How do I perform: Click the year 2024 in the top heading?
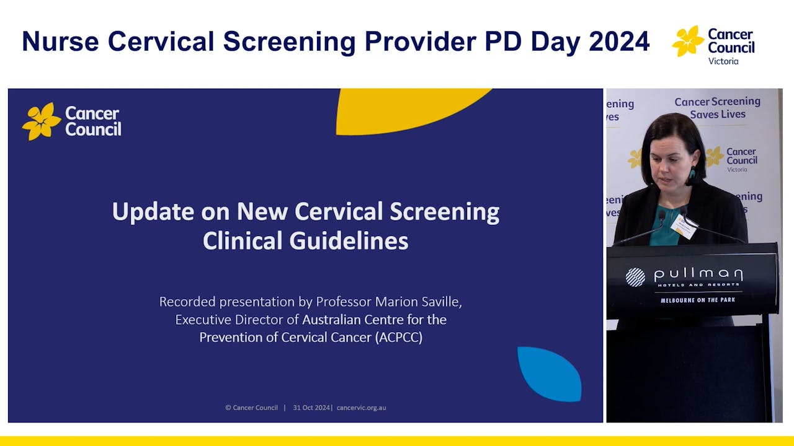click(x=619, y=42)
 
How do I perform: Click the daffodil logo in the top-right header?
click(x=688, y=41)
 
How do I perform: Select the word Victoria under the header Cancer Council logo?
click(x=723, y=61)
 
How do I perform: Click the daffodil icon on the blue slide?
click(x=42, y=121)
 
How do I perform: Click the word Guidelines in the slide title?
click(x=305, y=241)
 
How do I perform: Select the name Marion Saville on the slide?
click(x=419, y=302)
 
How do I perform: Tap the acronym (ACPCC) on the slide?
click(x=398, y=338)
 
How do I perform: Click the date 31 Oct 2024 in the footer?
click(x=312, y=408)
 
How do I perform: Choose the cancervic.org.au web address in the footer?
click(x=361, y=408)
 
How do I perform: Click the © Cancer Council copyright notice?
click(x=251, y=408)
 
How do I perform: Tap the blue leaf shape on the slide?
click(x=549, y=374)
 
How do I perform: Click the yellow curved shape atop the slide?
click(x=409, y=108)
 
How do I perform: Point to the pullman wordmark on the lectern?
click(x=698, y=274)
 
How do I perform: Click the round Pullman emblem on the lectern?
click(x=635, y=277)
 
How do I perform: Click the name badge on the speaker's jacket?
click(x=684, y=227)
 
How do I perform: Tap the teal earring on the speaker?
click(x=692, y=174)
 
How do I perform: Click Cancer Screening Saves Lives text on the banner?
click(x=717, y=108)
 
